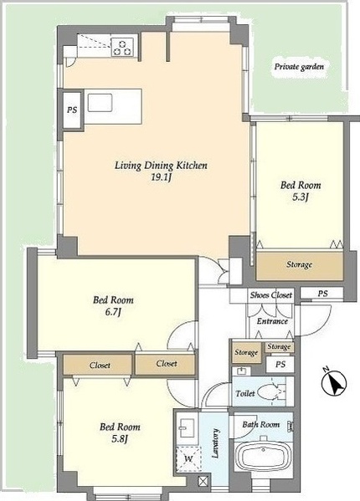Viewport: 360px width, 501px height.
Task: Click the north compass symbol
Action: (334, 382)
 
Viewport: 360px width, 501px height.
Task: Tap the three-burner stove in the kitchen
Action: (122, 48)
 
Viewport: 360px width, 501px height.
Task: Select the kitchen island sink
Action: (100, 103)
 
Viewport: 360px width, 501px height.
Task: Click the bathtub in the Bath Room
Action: (264, 456)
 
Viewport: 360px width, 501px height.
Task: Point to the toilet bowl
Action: (270, 391)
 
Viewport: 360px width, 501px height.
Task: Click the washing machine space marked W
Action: (188, 459)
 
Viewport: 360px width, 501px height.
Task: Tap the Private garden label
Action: (299, 67)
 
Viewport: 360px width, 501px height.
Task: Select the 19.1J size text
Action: (162, 177)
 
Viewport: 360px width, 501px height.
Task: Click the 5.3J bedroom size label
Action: (301, 197)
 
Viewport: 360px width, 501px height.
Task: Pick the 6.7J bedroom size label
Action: (113, 312)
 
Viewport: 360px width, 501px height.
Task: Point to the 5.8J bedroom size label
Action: (120, 439)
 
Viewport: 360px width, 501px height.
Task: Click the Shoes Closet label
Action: (270, 295)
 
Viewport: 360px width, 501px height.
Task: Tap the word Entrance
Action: (272, 321)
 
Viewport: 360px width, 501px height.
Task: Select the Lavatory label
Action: (216, 443)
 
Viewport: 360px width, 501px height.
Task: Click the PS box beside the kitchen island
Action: (73, 110)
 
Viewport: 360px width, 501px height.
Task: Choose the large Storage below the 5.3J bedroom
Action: (300, 265)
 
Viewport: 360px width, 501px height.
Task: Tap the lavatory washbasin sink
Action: (188, 427)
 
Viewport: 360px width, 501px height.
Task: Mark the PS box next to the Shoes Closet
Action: (322, 293)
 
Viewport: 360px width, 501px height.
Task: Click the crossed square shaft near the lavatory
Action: (203, 481)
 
